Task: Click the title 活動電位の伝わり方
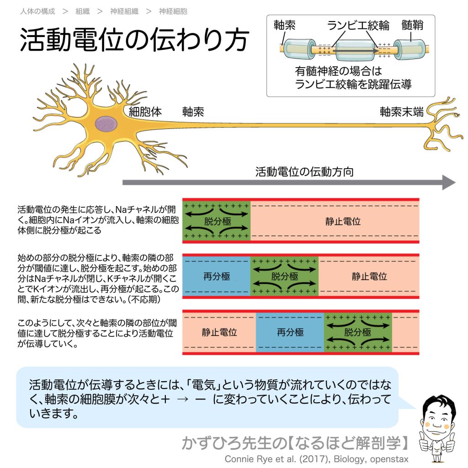(x=134, y=41)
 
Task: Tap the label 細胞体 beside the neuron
(x=145, y=112)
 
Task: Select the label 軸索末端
(x=402, y=112)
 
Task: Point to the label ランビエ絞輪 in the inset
(x=358, y=26)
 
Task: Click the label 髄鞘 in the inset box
(x=413, y=26)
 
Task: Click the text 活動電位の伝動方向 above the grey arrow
(x=304, y=172)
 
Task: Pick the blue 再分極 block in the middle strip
(x=217, y=277)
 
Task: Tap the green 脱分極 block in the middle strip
(x=284, y=277)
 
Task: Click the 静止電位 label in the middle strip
(x=369, y=277)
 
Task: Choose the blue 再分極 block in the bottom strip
(x=290, y=332)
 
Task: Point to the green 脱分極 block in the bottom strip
(x=357, y=332)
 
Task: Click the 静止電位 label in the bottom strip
(x=219, y=332)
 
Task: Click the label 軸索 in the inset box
(x=284, y=26)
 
